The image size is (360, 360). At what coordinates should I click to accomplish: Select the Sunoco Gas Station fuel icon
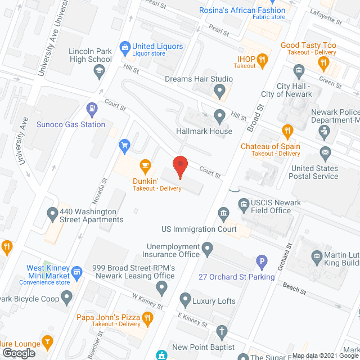(x=91, y=107)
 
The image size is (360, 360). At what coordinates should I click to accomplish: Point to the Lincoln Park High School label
(x=90, y=55)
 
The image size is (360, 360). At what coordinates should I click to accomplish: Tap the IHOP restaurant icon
(x=262, y=58)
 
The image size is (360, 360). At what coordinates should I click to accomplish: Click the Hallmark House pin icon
(x=220, y=116)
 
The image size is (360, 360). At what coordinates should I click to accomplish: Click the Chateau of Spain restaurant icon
(x=287, y=132)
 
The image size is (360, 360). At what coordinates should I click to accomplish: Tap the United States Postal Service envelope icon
(x=325, y=152)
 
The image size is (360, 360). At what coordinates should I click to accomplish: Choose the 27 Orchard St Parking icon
(x=261, y=261)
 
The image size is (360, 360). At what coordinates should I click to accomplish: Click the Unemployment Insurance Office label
(x=174, y=250)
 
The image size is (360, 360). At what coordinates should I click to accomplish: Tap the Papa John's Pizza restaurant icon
(x=148, y=319)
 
